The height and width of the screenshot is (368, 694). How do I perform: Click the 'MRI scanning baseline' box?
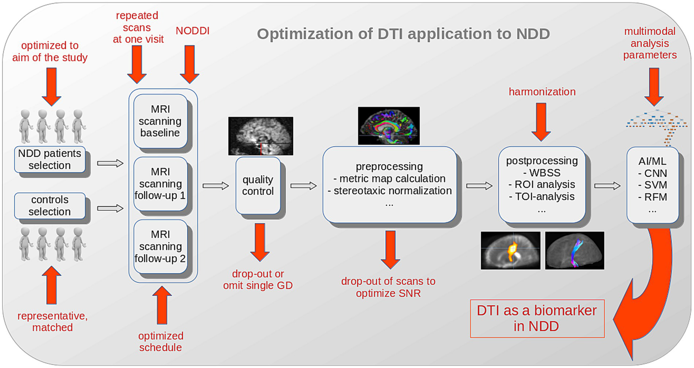coord(160,121)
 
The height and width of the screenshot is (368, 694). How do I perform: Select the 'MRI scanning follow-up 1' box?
coord(160,184)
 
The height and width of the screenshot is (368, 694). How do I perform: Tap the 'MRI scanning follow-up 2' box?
coord(160,247)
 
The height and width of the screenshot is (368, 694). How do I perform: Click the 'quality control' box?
coord(258,186)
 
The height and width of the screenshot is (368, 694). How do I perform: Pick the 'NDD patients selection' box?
coord(50,159)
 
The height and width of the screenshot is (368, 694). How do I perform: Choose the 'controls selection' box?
coord(50,206)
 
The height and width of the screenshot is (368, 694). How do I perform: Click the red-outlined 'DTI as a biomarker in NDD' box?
coord(537,318)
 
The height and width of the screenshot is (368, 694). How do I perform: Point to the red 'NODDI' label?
coord(193,31)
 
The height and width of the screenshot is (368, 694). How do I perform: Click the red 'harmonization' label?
coord(542,92)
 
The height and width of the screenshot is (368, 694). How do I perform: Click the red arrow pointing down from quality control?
coord(260,242)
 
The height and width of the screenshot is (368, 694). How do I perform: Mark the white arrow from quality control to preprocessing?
coord(303,186)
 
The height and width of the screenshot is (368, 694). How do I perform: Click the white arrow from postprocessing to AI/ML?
coord(607,186)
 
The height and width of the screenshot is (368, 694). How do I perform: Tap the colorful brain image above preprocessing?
coord(389,126)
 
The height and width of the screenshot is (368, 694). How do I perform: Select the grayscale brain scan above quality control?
coord(260,135)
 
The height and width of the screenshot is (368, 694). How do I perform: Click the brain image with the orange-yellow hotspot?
coord(510,251)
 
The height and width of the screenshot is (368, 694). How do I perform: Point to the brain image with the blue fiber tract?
coord(574,251)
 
